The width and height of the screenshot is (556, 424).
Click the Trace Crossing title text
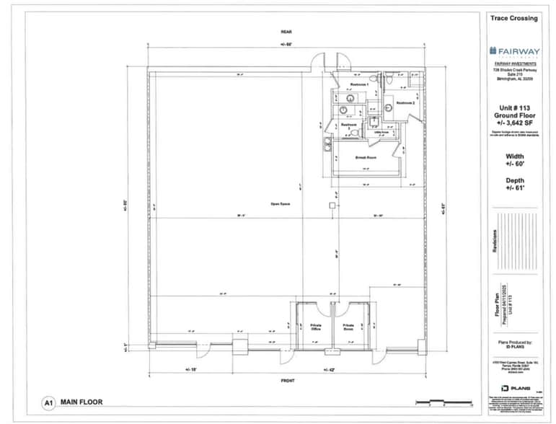[x=513, y=18]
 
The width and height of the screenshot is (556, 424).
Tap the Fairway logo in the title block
[x=513, y=50]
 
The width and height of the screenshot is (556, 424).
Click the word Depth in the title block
[x=514, y=180]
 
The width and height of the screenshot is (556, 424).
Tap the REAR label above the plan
[x=286, y=32]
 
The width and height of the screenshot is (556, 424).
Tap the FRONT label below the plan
[x=286, y=379]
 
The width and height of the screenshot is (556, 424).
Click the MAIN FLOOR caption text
[x=81, y=403]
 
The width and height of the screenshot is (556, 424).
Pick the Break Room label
[x=366, y=156]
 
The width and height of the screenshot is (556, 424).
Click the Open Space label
[x=280, y=203]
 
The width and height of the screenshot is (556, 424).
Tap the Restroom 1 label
[x=359, y=85]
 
